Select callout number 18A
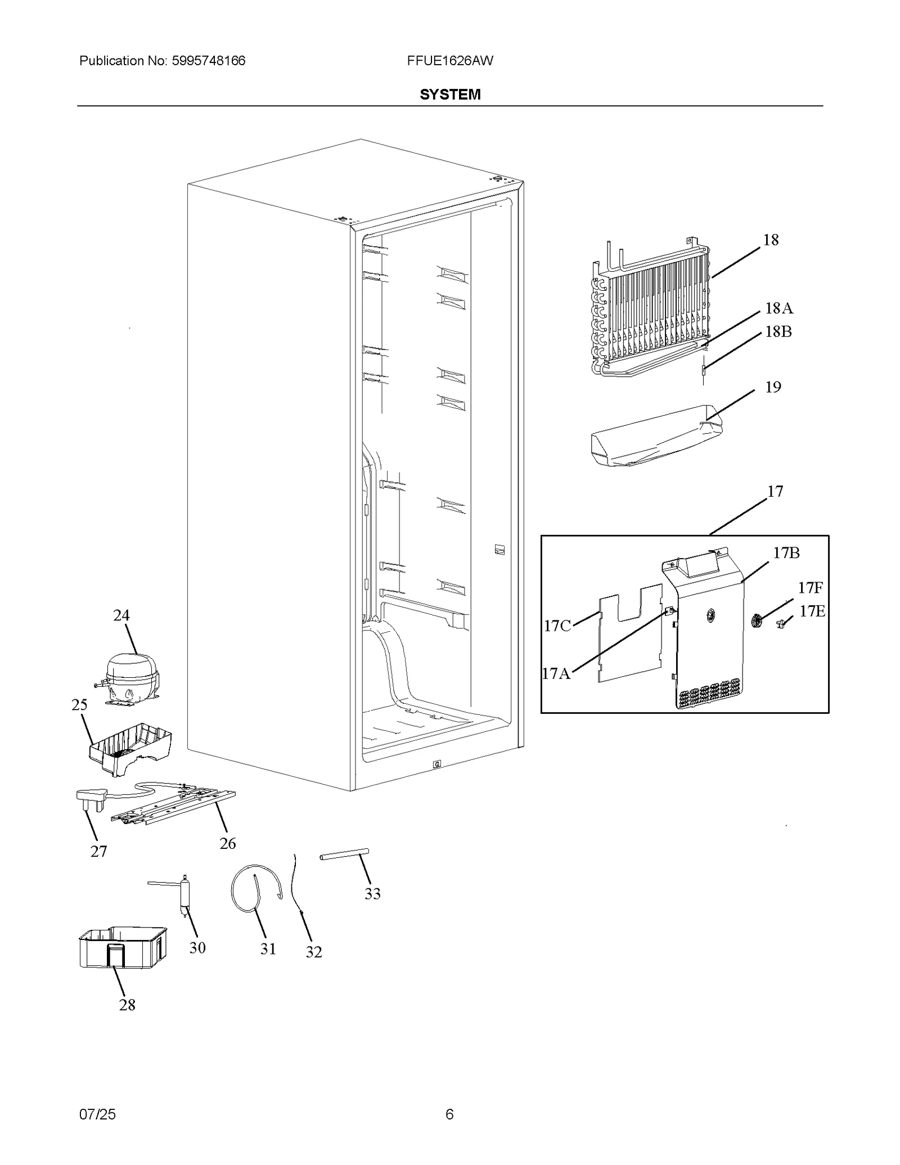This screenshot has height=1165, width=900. pyautogui.click(x=778, y=308)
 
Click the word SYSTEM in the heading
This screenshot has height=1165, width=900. pyautogui.click(x=450, y=95)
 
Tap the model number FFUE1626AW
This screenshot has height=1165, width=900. pyautogui.click(x=450, y=61)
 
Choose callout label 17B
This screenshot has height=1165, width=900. pyautogui.click(x=786, y=553)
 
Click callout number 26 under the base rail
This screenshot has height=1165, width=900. pyautogui.click(x=227, y=843)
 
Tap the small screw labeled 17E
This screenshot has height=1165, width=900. pyautogui.click(x=782, y=622)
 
